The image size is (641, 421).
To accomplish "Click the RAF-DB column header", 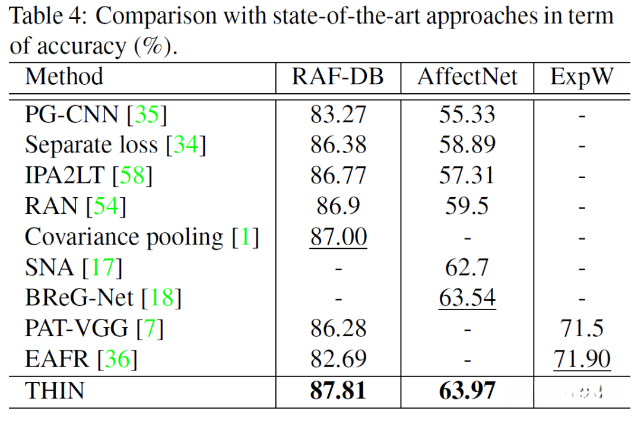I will coord(338,77).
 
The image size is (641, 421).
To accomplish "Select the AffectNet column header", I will coord(467,77).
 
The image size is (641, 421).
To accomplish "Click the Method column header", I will coord(64,77).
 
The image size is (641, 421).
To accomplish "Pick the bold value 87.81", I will coord(338,391).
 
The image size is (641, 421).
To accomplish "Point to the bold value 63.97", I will coord(467,391).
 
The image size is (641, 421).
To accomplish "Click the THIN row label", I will coord(55,391).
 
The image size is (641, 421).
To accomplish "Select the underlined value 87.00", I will coord(338,236).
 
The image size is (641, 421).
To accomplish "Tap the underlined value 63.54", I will coord(467,297).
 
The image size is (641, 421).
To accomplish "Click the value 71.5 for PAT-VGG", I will coord(581,328).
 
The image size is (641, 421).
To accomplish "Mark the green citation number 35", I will coord(147,114).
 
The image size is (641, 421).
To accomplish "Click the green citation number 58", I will coord(132,175).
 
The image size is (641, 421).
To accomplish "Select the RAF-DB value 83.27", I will coord(338,114).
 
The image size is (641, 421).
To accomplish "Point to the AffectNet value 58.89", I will coord(467,145).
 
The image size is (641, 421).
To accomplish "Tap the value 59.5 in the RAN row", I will coord(467,205).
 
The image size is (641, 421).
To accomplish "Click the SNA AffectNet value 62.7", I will coord(467,267).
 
